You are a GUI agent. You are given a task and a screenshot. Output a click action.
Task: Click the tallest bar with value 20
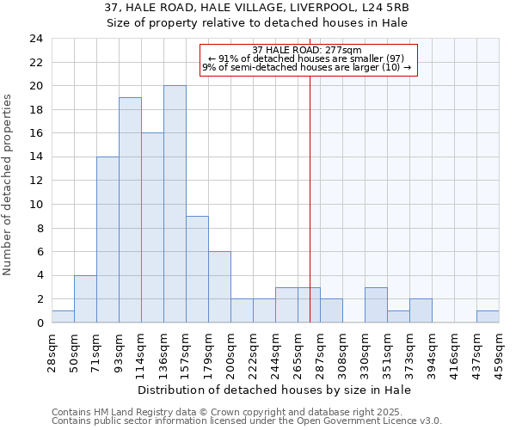175,204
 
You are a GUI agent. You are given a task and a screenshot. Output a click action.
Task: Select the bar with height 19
130,210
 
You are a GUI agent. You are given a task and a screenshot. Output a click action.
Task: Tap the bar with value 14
107,239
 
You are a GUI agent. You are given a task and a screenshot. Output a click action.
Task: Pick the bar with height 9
197,269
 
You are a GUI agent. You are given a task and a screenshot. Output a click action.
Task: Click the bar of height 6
219,286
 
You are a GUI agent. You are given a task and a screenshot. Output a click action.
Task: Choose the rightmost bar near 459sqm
488,316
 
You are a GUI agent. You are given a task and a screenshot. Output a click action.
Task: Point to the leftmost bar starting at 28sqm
63,316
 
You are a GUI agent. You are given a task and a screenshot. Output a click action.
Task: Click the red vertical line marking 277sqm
310,189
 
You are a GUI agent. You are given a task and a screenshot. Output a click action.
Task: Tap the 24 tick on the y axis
35,39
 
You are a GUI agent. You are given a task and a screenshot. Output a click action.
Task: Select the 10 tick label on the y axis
35,205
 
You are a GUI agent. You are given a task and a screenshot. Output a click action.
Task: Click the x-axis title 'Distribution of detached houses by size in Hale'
274,390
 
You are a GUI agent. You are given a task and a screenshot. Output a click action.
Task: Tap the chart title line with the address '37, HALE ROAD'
257,8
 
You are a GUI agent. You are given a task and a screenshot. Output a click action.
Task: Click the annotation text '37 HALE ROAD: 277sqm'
308,50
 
